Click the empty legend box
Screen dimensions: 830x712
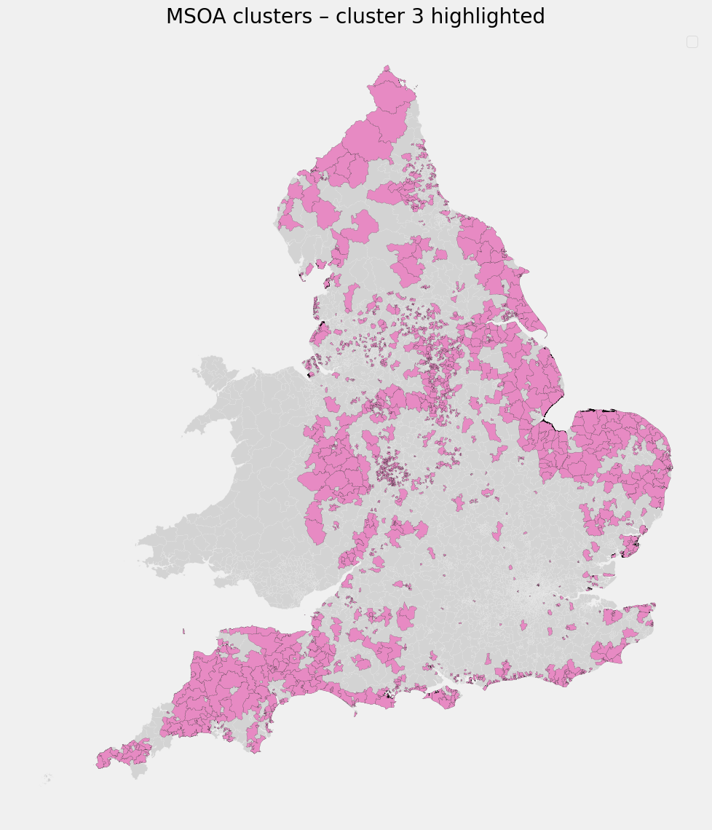coord(692,42)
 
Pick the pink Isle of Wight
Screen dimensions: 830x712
coord(443,698)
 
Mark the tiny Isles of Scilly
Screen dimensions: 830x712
coord(47,778)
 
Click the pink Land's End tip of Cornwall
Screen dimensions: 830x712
coord(100,762)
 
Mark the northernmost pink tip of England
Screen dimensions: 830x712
coord(387,68)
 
